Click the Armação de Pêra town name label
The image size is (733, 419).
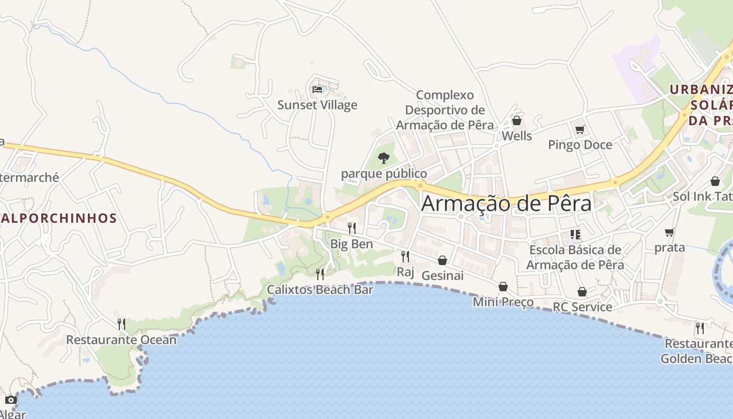coord(506,203)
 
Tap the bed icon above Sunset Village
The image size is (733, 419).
coord(317,90)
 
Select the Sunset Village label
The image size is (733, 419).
coord(317,105)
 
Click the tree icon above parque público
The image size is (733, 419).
coord(384,158)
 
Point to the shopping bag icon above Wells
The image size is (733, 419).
coord(517,121)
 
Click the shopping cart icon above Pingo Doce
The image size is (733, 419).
coord(580,129)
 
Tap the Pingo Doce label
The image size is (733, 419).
coord(580,145)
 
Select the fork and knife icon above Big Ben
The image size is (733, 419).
coord(352,228)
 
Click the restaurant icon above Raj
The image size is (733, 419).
coord(405,256)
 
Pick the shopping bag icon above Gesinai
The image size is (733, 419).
coord(442,260)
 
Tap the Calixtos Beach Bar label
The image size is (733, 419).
coord(320,290)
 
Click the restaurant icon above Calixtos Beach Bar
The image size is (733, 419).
coord(320,274)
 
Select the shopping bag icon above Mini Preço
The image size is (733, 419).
coord(503,286)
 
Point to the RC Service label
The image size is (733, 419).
coord(582,307)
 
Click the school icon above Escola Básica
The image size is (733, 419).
coord(575,235)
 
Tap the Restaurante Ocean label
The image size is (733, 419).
coord(121,340)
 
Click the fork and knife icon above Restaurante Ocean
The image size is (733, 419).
coord(121,324)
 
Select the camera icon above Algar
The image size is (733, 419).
coord(11,400)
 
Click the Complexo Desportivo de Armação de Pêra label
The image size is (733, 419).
coord(445,110)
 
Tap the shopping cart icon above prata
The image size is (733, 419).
coord(669,232)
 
